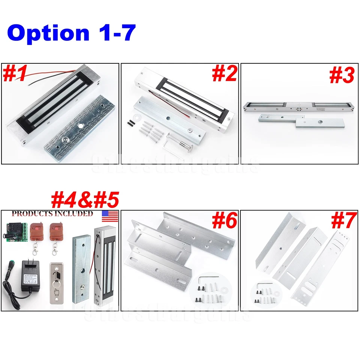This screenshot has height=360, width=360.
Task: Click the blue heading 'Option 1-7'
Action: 71,33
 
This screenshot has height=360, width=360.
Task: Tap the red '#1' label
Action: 15,73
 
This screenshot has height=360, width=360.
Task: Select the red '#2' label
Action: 224,73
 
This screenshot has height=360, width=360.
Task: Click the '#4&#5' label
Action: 85,200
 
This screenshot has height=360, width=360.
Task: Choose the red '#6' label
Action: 224,220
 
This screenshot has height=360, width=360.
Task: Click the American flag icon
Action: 110,216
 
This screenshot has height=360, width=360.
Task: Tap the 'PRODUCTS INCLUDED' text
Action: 52,214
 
